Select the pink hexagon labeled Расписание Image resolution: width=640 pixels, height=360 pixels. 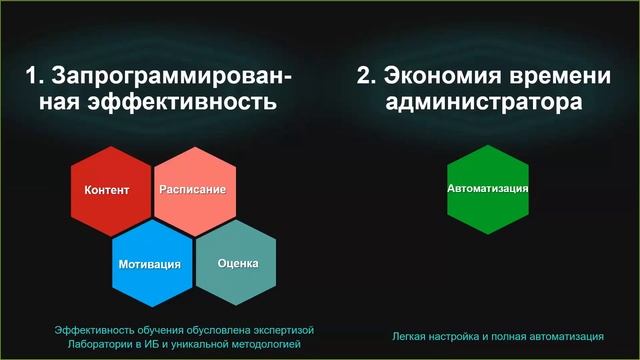193,189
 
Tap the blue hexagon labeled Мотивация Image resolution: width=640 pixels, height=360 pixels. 151,264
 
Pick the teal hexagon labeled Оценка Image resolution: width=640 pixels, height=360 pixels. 237,264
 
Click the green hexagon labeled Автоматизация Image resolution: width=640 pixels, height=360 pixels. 487,188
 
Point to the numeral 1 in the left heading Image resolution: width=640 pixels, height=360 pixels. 32,76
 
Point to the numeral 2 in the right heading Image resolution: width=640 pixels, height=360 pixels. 363,76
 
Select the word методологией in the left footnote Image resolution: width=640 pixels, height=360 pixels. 262,343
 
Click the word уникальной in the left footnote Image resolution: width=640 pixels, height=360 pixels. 195,343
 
